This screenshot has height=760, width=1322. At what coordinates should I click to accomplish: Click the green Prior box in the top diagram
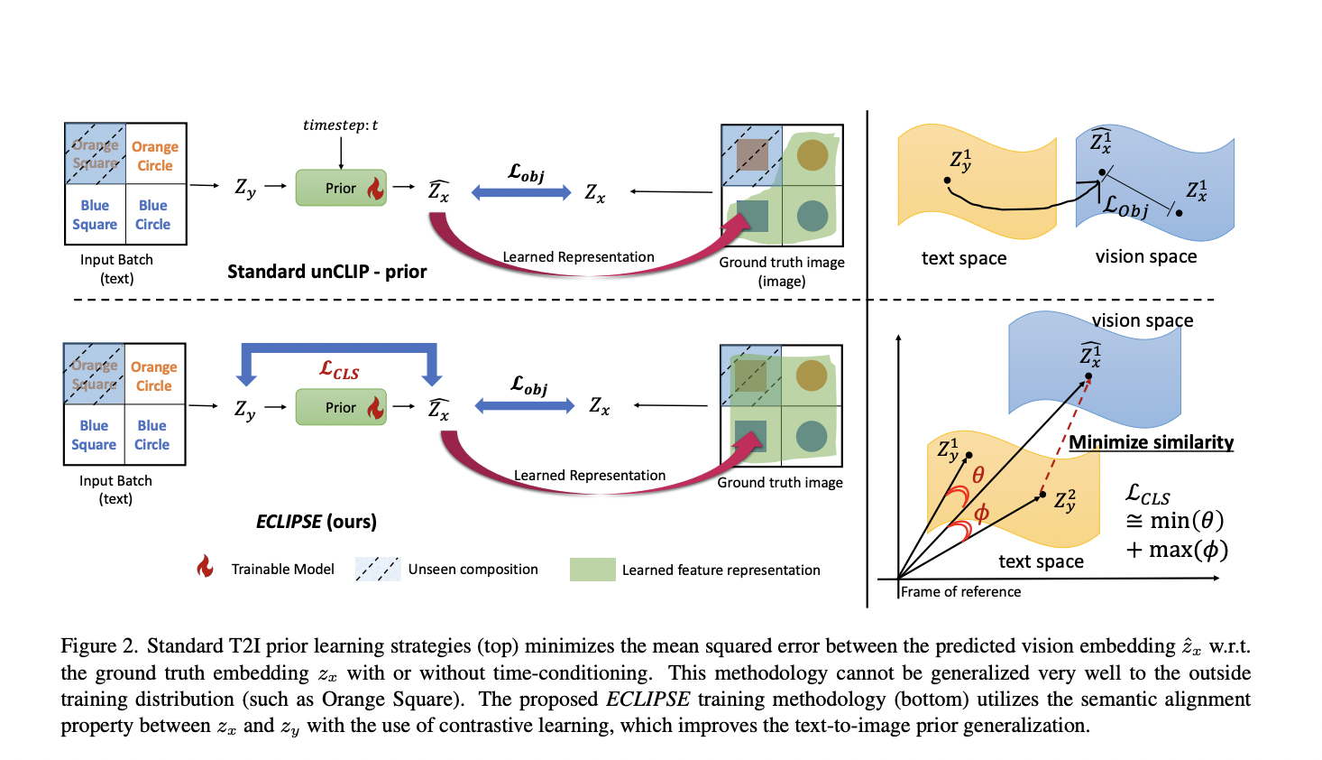[341, 188]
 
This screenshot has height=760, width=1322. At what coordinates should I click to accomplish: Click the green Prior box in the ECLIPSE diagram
[341, 407]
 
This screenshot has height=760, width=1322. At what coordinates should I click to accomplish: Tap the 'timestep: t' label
[340, 125]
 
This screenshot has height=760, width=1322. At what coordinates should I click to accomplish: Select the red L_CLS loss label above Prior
[339, 370]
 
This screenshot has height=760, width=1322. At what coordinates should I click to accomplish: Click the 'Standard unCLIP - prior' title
[326, 272]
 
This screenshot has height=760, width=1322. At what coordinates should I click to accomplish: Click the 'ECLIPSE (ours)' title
[316, 522]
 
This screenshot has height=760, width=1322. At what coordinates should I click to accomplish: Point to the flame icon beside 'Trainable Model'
[206, 567]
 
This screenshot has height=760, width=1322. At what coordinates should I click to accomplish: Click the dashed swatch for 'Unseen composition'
[377, 569]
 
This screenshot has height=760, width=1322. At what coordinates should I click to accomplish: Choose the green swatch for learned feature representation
[592, 570]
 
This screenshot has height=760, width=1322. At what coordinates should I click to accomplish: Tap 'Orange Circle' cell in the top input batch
[155, 155]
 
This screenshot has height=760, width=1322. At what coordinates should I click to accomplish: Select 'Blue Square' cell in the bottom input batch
[94, 434]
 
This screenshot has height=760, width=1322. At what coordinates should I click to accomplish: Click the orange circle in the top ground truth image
[812, 155]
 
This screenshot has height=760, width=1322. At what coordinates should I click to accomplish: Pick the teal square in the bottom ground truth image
[751, 436]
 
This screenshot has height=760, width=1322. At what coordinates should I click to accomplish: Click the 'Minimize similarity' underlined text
[1151, 442]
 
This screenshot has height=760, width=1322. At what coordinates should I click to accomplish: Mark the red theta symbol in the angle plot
[978, 475]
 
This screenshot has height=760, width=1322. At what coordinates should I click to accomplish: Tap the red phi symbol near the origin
[981, 513]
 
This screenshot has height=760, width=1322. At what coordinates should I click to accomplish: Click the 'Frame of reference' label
[960, 592]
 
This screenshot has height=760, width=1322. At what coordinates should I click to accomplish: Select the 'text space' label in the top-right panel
[963, 258]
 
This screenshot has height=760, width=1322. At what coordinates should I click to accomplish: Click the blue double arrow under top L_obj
[521, 192]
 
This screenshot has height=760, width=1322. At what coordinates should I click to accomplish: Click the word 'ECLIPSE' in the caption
[647, 700]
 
